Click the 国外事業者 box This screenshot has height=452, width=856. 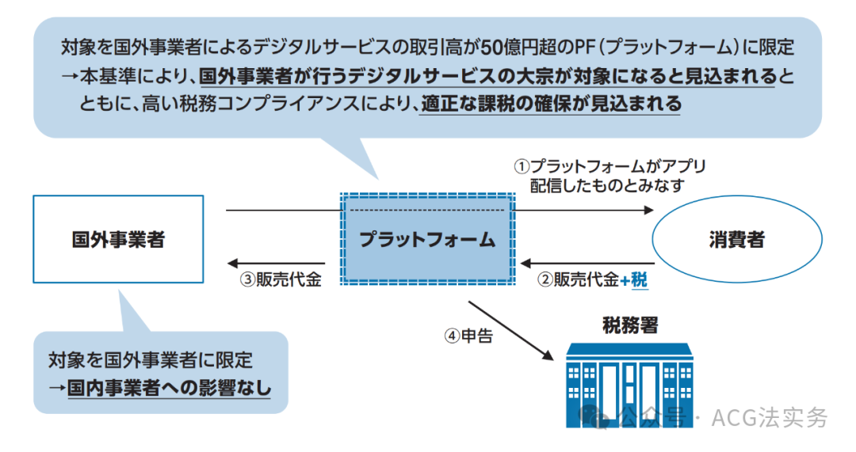(118, 240)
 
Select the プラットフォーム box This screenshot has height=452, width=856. (427, 240)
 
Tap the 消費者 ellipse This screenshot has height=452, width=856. (736, 240)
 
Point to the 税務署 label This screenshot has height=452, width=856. (629, 325)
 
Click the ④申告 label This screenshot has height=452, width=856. (468, 336)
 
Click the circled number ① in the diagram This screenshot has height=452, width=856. (521, 167)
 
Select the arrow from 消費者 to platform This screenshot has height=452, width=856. (587, 264)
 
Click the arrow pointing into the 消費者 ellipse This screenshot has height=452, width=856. (583, 211)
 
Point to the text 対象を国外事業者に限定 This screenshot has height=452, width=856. (150, 360)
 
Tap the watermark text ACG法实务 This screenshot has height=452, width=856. (769, 417)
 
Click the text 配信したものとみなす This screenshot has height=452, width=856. (610, 185)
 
